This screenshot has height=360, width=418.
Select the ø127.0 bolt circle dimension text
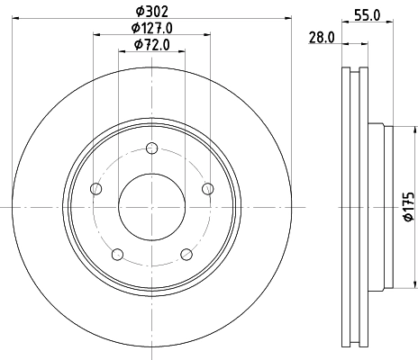[x=151, y=28]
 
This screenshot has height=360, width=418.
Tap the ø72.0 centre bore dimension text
[x=151, y=44]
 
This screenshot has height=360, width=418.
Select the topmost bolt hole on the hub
[x=151, y=148]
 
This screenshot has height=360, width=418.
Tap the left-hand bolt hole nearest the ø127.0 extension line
[x=96, y=188]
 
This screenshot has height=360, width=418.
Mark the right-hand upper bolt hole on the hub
[x=207, y=188]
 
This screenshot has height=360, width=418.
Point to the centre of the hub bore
[x=151, y=207]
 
